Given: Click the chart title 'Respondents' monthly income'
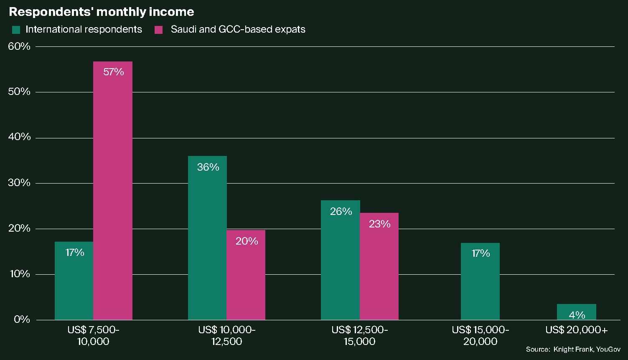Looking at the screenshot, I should pos(101,12).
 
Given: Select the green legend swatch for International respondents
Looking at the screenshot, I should pos(16,30).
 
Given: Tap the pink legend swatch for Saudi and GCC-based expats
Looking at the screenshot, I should pos(158,30).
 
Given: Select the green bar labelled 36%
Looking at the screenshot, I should pos(207,238).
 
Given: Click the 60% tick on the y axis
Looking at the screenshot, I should pos(19,46).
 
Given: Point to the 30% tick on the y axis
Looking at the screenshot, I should pos(19,183).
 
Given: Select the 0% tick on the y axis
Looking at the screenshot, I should pos(22,319).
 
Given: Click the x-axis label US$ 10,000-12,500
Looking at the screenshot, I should pos(226,336).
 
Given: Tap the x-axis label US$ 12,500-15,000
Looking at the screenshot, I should pos(359,336).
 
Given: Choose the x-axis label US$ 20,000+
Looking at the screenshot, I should pos(576,330).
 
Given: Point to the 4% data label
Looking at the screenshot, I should pos(577,315).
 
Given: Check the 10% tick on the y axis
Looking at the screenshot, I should pos(19,274).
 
